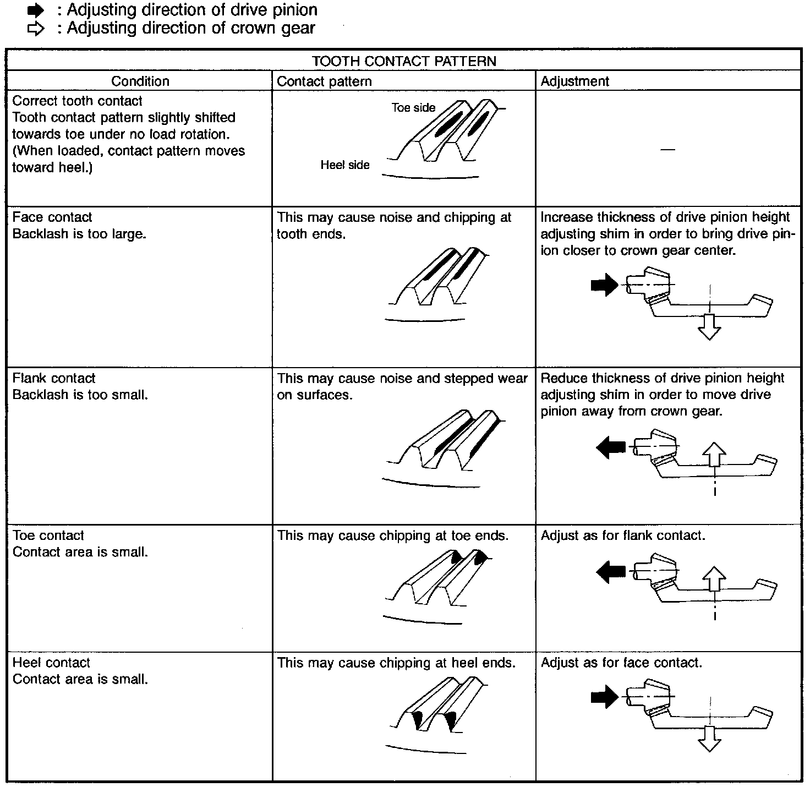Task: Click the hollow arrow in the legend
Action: (35, 29)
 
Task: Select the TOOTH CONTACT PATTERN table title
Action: (404, 61)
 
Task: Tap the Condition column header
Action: (140, 81)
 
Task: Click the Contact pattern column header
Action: (324, 81)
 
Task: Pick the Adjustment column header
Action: (574, 81)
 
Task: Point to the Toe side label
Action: (413, 108)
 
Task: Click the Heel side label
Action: (345, 165)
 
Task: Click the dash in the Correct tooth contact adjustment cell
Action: (667, 150)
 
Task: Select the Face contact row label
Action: (52, 217)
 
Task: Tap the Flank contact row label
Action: (54, 378)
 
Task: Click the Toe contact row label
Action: (48, 535)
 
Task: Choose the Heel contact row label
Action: (51, 663)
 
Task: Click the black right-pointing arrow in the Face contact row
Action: (604, 285)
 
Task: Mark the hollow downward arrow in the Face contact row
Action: (709, 327)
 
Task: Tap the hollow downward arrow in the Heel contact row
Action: (709, 739)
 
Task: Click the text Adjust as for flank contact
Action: (623, 535)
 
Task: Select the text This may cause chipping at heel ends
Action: (396, 663)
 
